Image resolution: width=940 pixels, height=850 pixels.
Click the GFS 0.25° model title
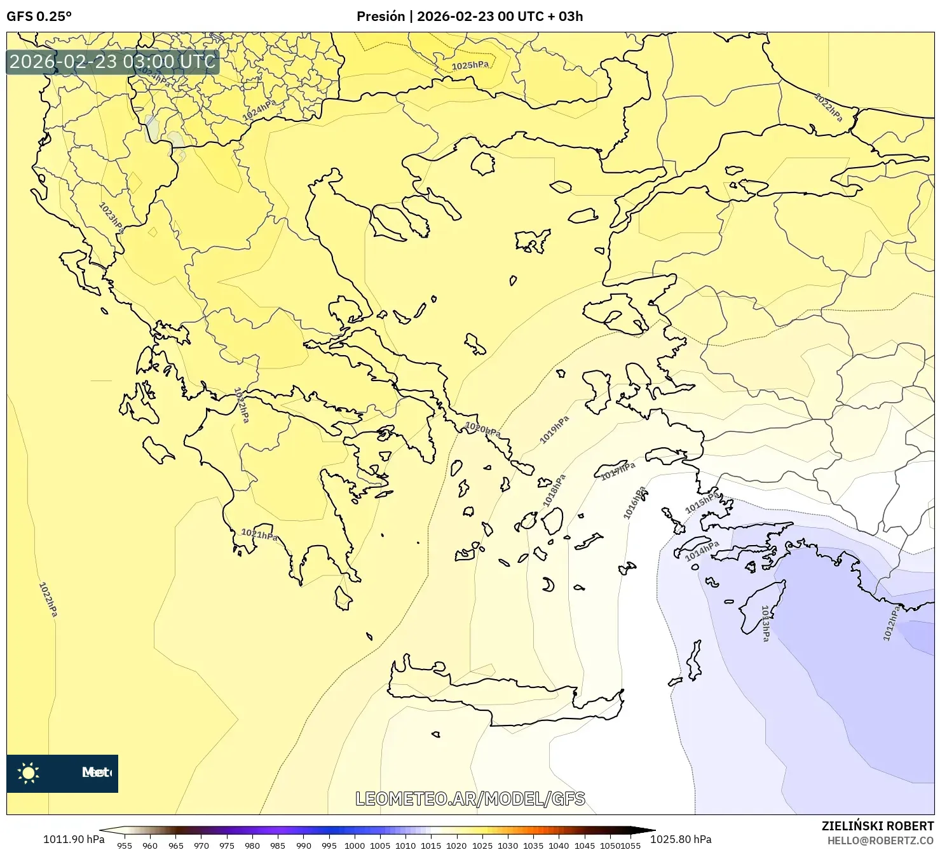pos(39,17)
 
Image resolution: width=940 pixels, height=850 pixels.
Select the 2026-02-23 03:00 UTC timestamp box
pos(112,62)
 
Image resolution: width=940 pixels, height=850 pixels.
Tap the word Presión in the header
pos(380,17)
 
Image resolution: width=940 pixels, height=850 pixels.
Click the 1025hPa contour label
pos(470,65)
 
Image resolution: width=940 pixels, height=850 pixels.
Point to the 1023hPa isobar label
pos(112,218)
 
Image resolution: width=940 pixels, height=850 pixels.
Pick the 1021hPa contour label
pos(259,534)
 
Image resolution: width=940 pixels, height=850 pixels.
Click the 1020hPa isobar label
pos(483,429)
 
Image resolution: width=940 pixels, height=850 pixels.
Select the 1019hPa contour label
pos(554,430)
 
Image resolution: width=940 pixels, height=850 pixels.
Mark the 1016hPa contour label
pos(634,503)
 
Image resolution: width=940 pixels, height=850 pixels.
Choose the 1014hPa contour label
pos(702,551)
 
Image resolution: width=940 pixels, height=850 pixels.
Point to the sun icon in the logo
pos(29,772)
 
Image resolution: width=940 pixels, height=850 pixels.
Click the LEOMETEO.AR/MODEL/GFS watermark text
pos(470,799)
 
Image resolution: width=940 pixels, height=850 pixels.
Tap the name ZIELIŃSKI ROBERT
pos(877,826)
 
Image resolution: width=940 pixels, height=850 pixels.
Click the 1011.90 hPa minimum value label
pos(74,839)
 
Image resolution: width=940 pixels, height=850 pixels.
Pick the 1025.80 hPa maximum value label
pos(681,839)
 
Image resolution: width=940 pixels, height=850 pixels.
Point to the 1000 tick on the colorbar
pos(354,845)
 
